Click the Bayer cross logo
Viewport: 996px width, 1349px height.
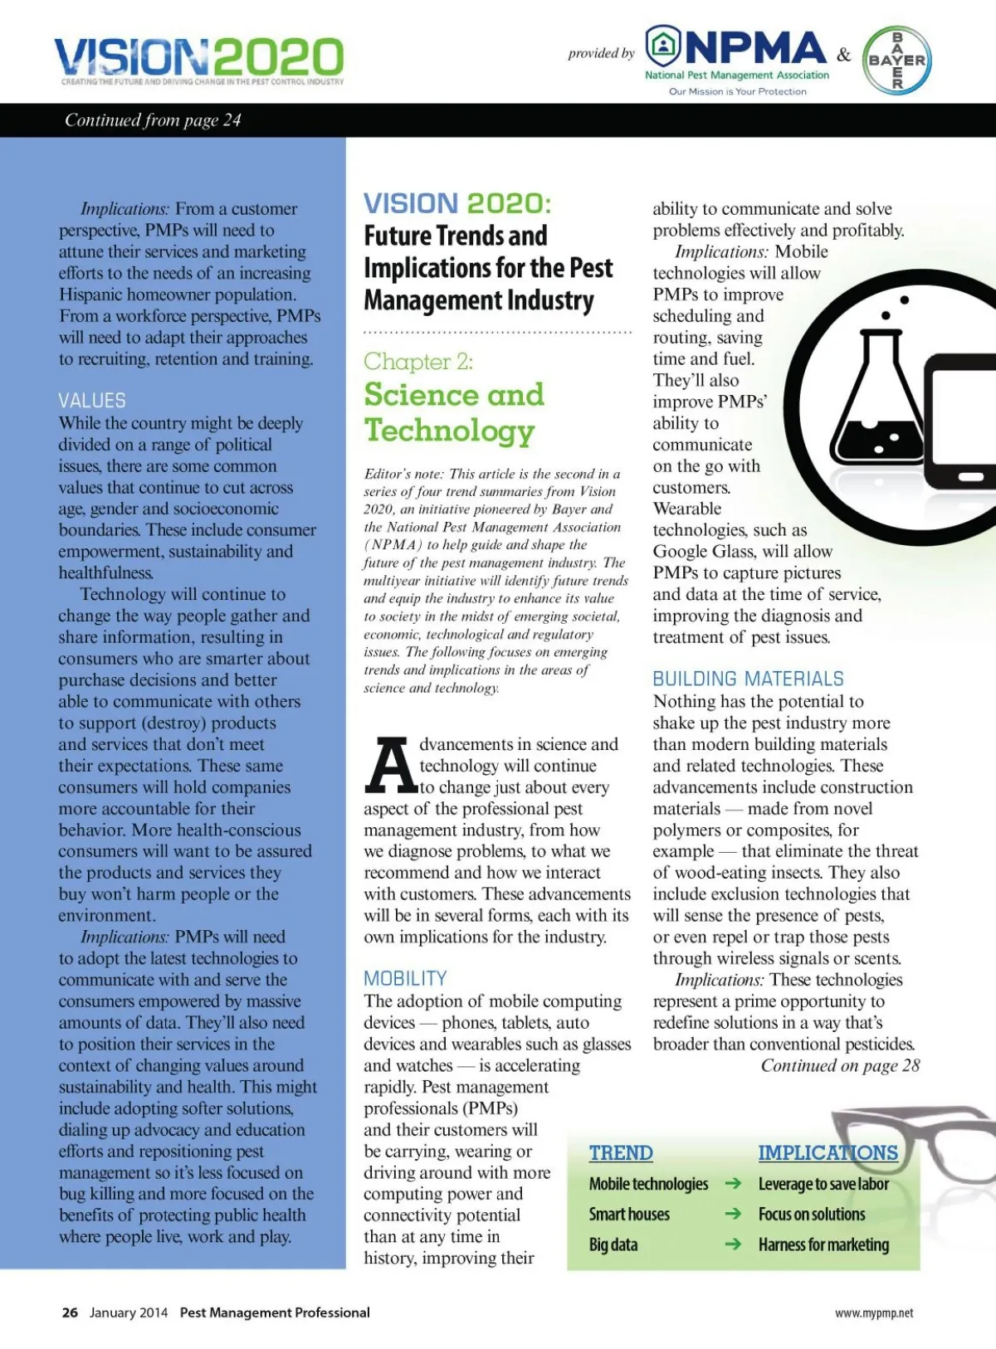pos(896,60)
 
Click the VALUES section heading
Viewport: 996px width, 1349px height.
pos(92,401)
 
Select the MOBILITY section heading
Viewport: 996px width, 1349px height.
pos(405,978)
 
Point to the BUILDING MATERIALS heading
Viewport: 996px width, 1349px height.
pos(748,679)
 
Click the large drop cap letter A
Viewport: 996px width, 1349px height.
pos(389,765)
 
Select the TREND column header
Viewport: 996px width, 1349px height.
pos(621,1152)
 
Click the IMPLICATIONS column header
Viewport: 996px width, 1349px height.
pos(828,1152)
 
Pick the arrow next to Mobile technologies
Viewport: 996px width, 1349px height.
pos(733,1184)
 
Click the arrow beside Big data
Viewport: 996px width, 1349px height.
pos(733,1244)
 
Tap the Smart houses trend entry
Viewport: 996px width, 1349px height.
pos(629,1215)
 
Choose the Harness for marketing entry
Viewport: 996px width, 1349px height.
pos(823,1244)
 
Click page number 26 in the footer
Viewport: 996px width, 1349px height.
pos(70,1312)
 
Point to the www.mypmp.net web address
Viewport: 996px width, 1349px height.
pos(874,1313)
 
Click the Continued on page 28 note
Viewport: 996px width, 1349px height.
pos(840,1066)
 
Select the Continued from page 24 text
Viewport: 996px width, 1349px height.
pos(153,120)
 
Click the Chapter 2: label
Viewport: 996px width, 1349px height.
pos(418,362)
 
